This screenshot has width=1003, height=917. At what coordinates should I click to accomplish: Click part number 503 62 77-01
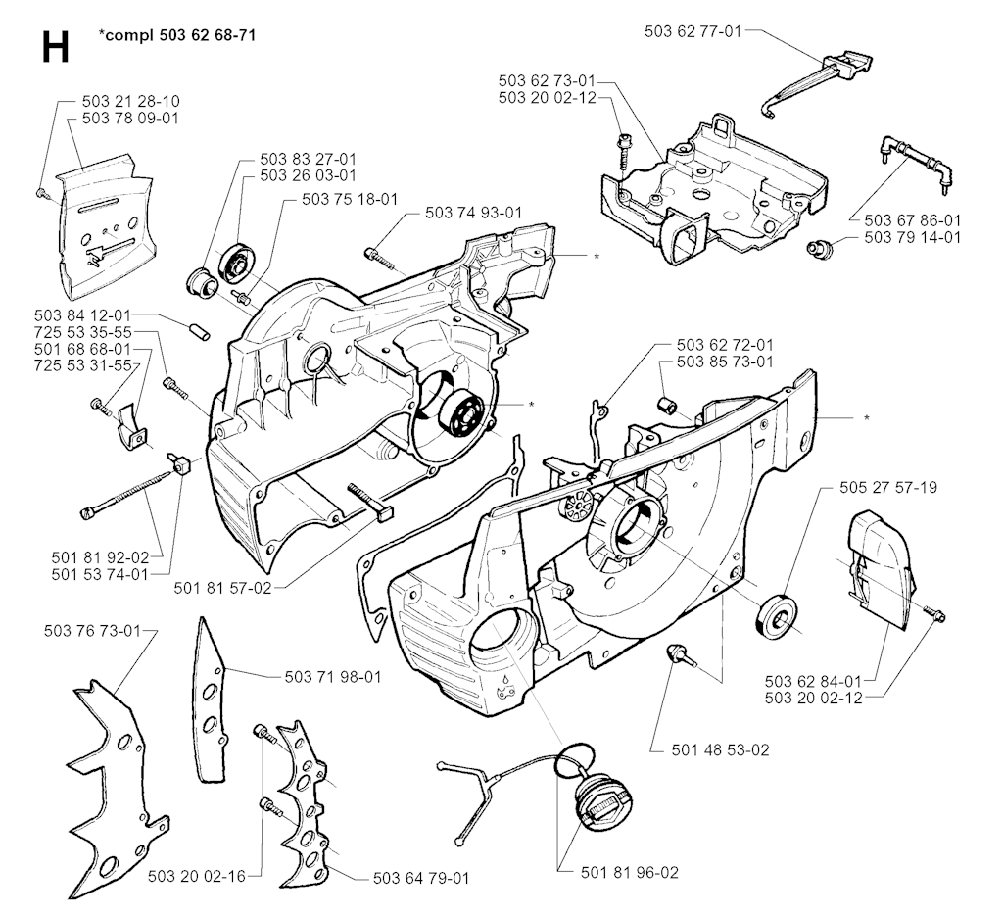693,30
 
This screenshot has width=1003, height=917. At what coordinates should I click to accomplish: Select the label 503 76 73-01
92,631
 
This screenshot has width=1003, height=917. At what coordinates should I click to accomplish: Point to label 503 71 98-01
333,676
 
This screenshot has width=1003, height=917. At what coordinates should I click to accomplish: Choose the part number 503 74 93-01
474,213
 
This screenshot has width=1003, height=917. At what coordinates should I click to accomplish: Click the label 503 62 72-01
725,345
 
